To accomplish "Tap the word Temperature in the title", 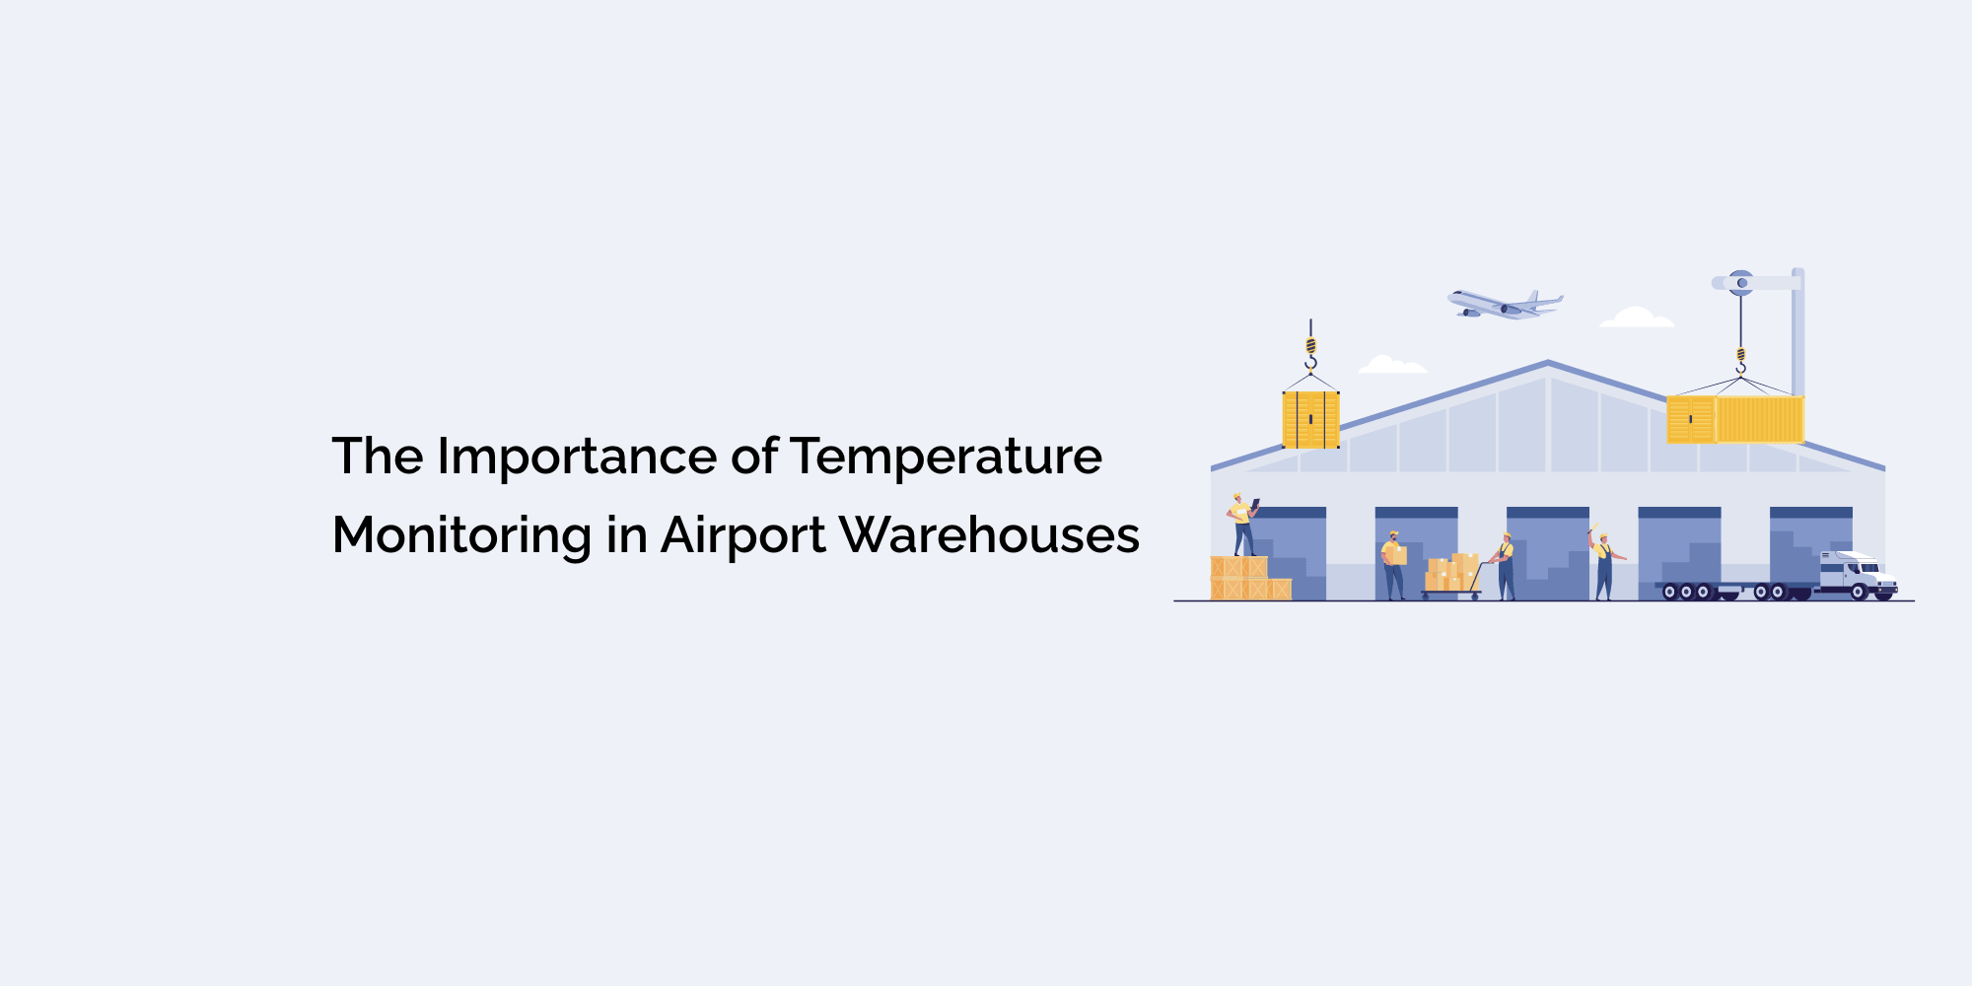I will (x=946, y=458).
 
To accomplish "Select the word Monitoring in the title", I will (x=461, y=537).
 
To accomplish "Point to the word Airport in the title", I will (x=742, y=537).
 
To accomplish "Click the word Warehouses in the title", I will (x=989, y=535).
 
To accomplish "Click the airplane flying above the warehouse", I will (x=1504, y=304).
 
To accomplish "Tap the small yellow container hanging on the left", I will (x=1310, y=420).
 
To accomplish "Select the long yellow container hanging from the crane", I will (x=1735, y=420).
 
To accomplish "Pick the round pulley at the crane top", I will (x=1742, y=283).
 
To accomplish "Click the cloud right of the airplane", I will (x=1637, y=317).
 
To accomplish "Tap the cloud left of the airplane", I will (x=1391, y=366).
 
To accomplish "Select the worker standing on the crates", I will (x=1241, y=526).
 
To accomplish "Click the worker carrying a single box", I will (x=1393, y=565).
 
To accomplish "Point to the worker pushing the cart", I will (x=1505, y=567).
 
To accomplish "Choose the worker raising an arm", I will (x=1603, y=565).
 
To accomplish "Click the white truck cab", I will (x=1858, y=574).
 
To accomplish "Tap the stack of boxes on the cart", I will (x=1451, y=572).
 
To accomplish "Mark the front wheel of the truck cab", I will (x=1859, y=593).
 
